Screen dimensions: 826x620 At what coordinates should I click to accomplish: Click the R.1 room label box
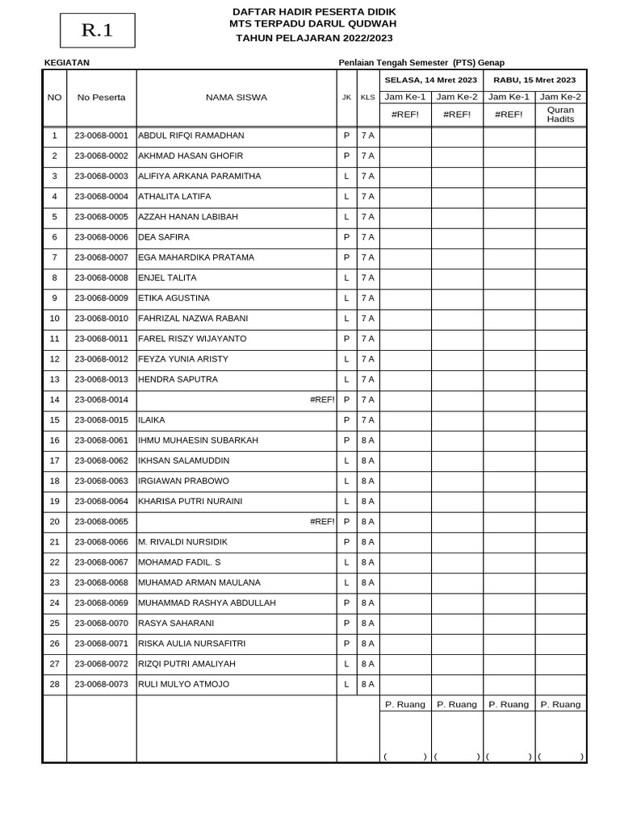(x=97, y=31)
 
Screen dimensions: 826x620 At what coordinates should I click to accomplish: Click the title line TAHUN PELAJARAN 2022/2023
(x=314, y=38)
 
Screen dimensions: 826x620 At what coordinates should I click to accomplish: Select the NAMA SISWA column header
(x=236, y=98)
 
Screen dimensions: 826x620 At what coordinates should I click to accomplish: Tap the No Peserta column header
(x=101, y=98)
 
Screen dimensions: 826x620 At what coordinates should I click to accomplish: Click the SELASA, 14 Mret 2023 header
(x=431, y=80)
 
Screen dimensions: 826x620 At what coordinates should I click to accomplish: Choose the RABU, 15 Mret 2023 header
(x=534, y=80)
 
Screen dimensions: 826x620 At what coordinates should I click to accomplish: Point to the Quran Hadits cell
(x=560, y=114)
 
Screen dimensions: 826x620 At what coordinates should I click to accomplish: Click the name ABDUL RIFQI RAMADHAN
(x=191, y=136)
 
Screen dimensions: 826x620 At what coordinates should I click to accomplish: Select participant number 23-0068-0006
(x=101, y=237)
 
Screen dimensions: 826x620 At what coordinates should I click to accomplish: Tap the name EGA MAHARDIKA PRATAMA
(x=196, y=257)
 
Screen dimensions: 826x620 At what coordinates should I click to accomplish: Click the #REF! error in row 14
(x=322, y=399)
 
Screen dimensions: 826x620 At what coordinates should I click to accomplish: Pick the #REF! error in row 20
(x=322, y=521)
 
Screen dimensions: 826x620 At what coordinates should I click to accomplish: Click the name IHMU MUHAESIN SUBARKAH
(x=198, y=440)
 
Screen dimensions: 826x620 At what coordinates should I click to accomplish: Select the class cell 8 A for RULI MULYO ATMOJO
(x=367, y=684)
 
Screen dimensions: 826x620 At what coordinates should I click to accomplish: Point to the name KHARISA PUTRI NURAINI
(x=190, y=501)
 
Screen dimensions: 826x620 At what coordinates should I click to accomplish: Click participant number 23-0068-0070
(x=101, y=623)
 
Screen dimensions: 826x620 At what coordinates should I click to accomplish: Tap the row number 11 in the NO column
(x=54, y=339)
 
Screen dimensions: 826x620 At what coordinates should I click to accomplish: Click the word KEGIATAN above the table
(x=66, y=63)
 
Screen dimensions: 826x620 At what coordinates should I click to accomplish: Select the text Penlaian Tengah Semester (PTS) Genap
(x=421, y=63)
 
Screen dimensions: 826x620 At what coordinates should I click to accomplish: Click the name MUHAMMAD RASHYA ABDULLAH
(x=207, y=603)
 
